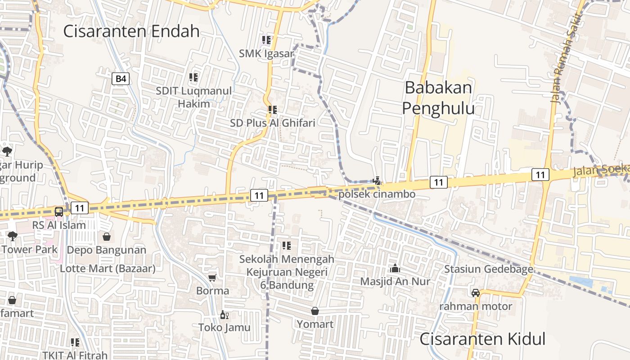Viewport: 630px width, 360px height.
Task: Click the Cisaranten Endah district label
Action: tap(131, 31)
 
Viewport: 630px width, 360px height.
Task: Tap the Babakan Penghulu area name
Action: tap(438, 98)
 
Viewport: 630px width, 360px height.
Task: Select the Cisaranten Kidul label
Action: tap(482, 339)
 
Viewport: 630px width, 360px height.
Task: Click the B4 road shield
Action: tap(121, 79)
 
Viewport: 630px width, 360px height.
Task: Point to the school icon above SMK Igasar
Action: tap(266, 40)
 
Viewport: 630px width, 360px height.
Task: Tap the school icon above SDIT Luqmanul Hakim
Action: tap(193, 77)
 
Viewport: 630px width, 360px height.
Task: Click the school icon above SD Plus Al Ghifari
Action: tap(272, 110)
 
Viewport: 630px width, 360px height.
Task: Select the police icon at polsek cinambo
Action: tap(377, 181)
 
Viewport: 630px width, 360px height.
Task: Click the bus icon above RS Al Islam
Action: tap(59, 212)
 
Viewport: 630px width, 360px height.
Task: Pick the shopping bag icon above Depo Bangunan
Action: tap(107, 237)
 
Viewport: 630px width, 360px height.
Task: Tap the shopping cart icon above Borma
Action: tap(212, 278)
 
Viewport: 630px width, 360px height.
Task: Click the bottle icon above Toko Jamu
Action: tap(224, 315)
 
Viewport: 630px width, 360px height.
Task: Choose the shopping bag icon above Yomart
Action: tap(315, 311)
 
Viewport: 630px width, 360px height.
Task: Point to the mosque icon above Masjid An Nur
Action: tap(395, 268)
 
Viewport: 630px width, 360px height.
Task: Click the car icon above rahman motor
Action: tap(476, 293)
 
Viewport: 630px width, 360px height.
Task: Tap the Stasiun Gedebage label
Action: tap(489, 269)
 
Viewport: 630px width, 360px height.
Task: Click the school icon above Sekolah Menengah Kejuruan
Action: tap(286, 246)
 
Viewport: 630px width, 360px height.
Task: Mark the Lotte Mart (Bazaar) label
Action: tap(108, 269)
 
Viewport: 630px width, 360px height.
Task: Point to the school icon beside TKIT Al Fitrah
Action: tap(75, 342)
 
